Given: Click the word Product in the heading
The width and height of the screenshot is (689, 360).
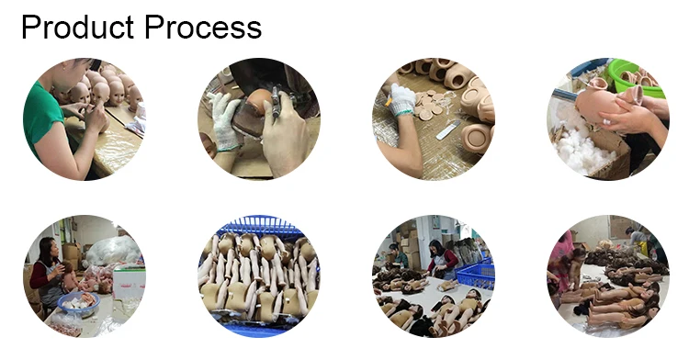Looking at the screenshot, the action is (x=77, y=28).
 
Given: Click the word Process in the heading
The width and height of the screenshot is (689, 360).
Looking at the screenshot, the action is (x=203, y=28).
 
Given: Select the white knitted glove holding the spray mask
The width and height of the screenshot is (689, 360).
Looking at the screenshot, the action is (x=223, y=121).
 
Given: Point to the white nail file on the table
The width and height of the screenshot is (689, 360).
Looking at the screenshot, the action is (x=448, y=130).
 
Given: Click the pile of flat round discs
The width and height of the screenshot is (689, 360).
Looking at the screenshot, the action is (x=429, y=104).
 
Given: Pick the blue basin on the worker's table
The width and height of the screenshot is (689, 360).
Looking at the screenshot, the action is (x=79, y=304).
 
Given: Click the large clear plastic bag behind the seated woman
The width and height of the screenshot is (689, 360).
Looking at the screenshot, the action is (x=113, y=250).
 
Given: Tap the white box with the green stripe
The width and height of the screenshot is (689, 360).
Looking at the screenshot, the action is (x=130, y=283).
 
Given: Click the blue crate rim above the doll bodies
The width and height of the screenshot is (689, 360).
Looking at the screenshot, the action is (x=261, y=224).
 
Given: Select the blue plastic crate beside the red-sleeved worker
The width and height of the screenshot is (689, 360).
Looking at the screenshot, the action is (x=476, y=275).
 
